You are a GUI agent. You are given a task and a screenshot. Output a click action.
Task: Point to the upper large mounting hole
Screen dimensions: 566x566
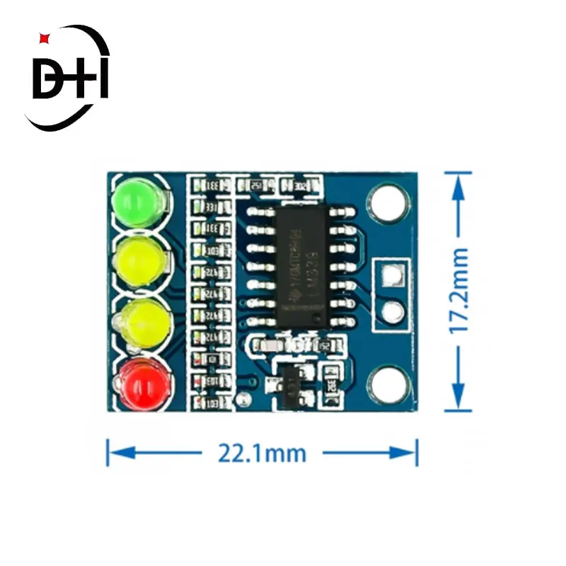[387, 202]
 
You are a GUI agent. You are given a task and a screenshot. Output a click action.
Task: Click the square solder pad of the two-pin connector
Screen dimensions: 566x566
[391, 275]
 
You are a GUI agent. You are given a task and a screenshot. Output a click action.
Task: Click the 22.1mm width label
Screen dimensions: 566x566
[262, 453]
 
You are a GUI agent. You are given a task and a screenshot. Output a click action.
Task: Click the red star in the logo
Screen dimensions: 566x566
[45, 36]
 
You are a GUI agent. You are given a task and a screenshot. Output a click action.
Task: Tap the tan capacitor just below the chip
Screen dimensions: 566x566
[268, 346]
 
